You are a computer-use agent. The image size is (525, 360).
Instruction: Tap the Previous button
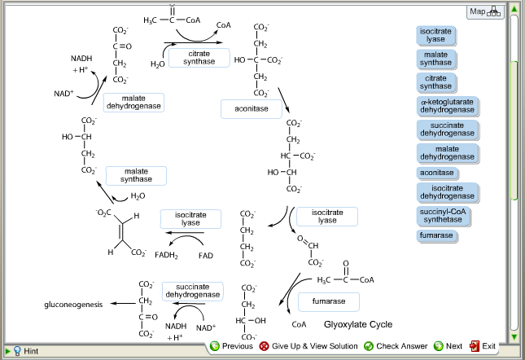232,346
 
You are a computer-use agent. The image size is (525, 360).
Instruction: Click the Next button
448,346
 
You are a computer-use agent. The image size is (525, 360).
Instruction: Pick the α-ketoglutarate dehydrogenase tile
447,105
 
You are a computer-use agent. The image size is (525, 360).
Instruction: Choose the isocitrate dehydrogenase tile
447,193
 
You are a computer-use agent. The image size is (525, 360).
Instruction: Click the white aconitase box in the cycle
251,109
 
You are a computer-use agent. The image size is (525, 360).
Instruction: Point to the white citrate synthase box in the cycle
199,58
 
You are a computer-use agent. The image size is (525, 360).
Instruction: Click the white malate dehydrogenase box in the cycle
133,103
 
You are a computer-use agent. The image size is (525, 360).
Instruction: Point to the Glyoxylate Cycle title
358,324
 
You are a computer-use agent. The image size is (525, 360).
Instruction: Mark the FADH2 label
166,255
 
